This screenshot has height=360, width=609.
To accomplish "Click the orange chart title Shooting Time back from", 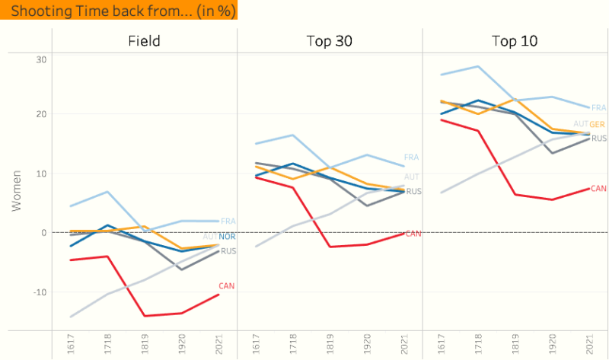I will (x=118, y=11).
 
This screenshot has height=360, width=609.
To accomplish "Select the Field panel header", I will (x=144, y=41).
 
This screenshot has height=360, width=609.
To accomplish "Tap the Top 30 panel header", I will (x=329, y=41).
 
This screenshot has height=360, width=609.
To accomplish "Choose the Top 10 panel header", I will (x=515, y=41).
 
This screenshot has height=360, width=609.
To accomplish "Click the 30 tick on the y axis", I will (x=42, y=60).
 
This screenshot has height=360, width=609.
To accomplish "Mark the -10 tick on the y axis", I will (x=40, y=292).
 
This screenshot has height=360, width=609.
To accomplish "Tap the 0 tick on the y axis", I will (x=44, y=232).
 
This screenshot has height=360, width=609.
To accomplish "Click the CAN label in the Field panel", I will (x=227, y=286).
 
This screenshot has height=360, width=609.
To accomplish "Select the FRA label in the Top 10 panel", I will (x=599, y=108).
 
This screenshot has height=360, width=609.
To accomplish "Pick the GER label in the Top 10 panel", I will (x=598, y=124).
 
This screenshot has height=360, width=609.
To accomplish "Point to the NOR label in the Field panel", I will (x=227, y=237).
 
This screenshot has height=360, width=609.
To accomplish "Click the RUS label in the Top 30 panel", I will (x=413, y=192).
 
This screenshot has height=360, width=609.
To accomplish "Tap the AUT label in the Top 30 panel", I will (x=412, y=177).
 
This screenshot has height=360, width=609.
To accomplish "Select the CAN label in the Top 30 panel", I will (x=413, y=234).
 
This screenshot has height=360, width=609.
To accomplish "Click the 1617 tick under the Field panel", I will (x=70, y=345).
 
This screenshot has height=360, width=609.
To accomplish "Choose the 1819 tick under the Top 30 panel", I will (x=330, y=345).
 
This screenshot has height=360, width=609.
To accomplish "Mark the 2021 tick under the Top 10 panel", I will (x=590, y=345).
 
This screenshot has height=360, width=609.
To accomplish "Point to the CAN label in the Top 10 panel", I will (x=599, y=188).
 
